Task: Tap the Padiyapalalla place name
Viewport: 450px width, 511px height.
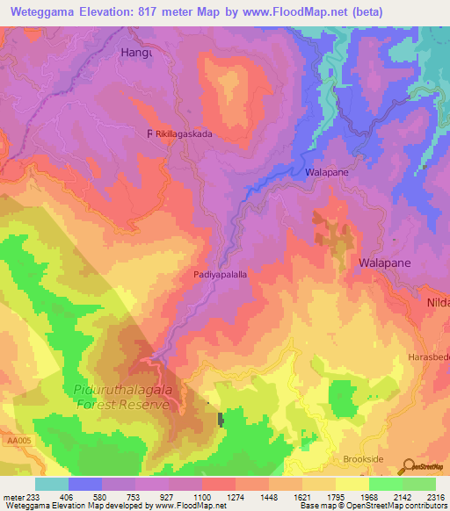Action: [x=219, y=275]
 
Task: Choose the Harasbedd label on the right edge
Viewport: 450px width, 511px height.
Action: [x=429, y=357]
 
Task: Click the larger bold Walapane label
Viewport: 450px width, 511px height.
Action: [x=385, y=263]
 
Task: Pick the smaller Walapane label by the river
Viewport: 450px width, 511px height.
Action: [x=327, y=173]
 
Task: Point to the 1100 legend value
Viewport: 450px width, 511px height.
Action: [x=202, y=496]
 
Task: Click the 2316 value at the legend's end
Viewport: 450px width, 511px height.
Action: [x=435, y=496]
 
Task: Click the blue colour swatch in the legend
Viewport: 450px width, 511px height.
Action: [x=84, y=484]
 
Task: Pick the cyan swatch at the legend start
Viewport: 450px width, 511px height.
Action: [x=52, y=484]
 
